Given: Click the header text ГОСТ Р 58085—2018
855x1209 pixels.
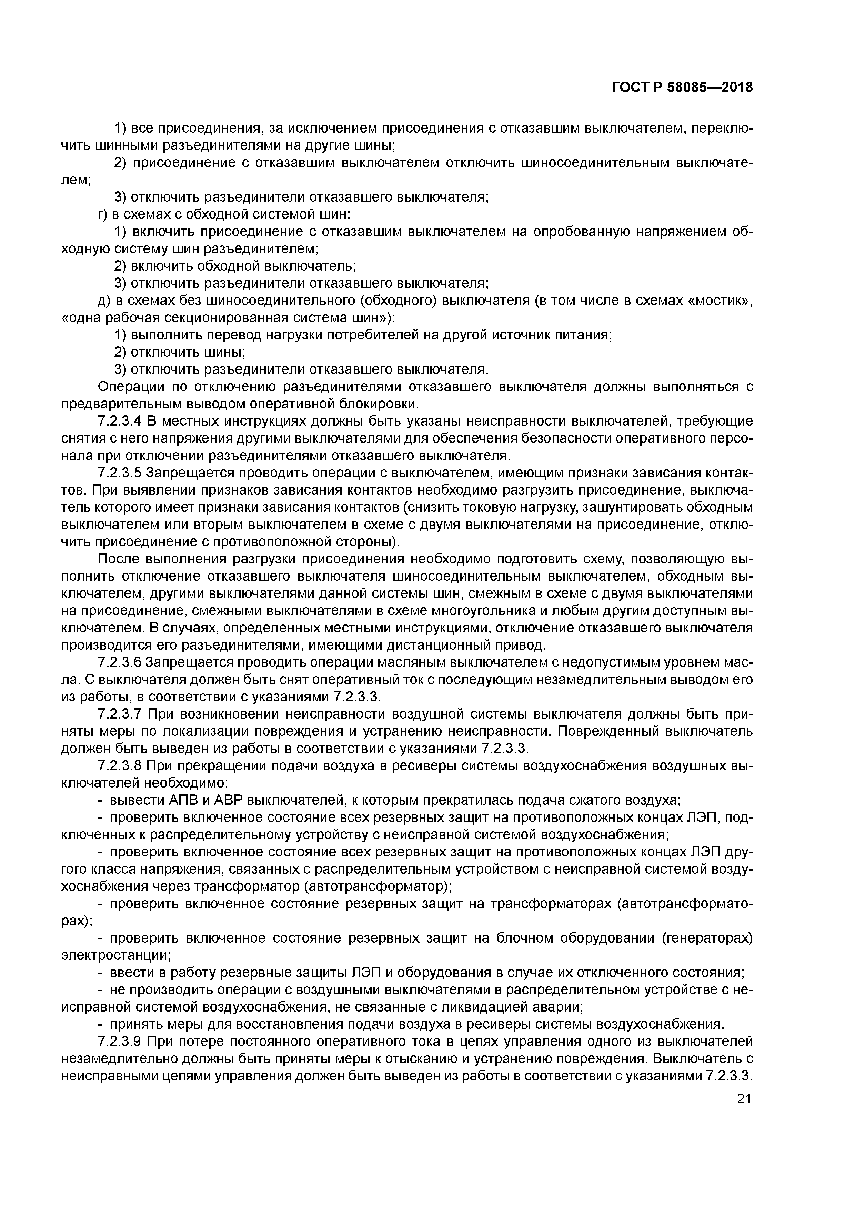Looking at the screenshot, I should click(682, 88).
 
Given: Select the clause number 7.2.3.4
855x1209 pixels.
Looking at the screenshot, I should click(121, 421).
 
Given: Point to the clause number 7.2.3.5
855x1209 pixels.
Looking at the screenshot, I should click(121, 473).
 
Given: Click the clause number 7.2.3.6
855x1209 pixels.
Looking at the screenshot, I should click(121, 662).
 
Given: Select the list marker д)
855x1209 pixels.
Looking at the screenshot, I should click(105, 301).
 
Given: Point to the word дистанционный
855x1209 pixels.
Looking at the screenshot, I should click(439, 645).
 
